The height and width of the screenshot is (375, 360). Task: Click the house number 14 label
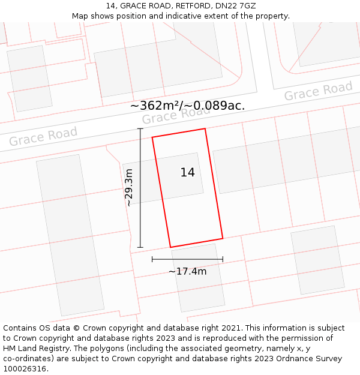(x=187, y=173)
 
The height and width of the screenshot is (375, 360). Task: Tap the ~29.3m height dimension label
(x=129, y=188)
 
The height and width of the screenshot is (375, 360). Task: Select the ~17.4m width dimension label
(x=187, y=271)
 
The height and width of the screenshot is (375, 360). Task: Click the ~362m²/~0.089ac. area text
(x=187, y=106)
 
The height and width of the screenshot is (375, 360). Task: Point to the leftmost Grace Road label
(x=43, y=137)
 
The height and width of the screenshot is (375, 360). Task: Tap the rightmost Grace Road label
(x=318, y=91)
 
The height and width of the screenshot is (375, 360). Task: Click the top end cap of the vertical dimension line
(x=140, y=128)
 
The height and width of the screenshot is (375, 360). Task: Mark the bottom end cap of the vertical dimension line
(x=140, y=247)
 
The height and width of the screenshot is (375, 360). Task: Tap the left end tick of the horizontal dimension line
(x=152, y=259)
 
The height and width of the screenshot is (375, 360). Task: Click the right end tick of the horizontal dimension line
(x=223, y=259)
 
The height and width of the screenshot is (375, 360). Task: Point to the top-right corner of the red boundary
(x=205, y=128)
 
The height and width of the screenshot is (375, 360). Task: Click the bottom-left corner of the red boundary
(x=170, y=247)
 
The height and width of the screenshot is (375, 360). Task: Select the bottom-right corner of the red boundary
(x=223, y=239)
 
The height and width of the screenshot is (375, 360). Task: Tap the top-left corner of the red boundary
(x=152, y=137)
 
